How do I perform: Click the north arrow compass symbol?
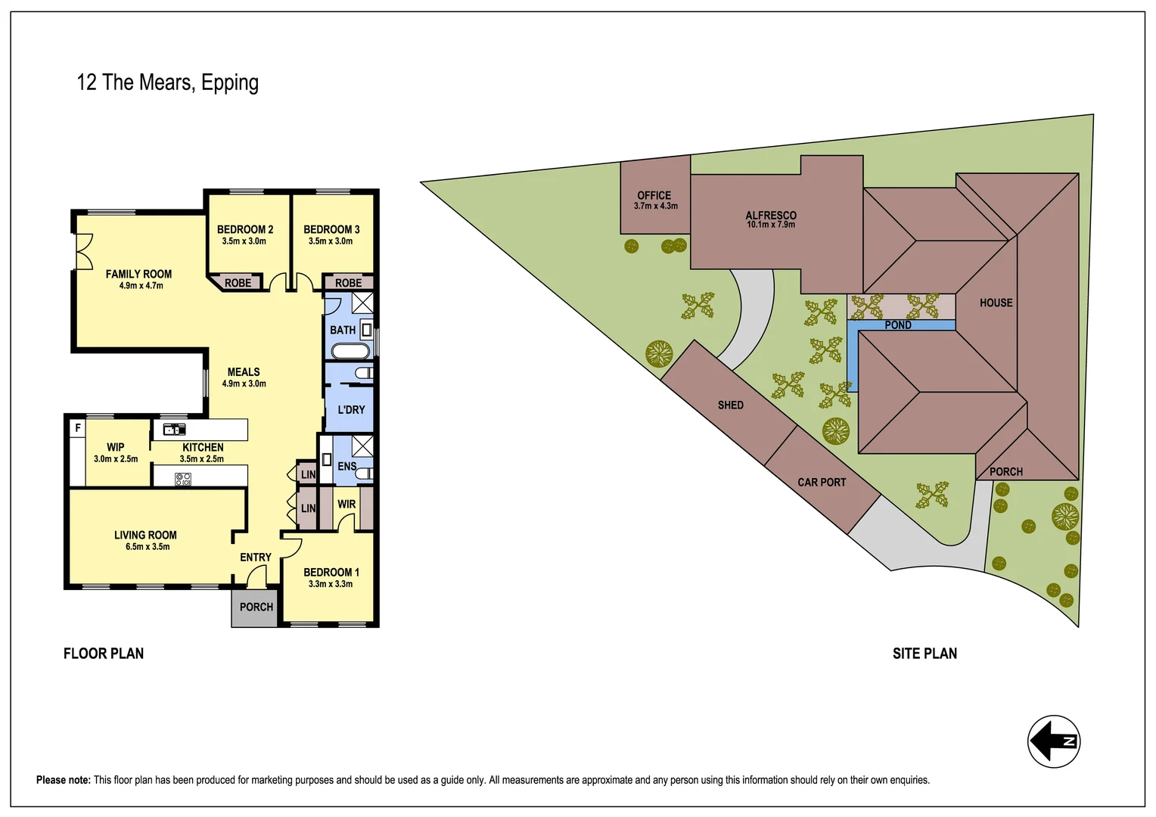[x=1053, y=741]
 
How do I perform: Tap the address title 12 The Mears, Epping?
[x=167, y=82]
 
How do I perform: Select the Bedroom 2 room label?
[x=244, y=229]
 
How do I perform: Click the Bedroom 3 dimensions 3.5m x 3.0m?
[x=331, y=241]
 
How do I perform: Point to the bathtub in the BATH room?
[x=350, y=351]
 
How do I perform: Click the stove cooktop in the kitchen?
[x=183, y=478]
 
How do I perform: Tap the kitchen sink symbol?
[x=175, y=429]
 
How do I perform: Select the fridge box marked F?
[x=77, y=428]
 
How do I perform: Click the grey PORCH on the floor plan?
[x=256, y=607]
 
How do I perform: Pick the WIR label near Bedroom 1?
[x=346, y=504]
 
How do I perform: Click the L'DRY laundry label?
[x=351, y=409]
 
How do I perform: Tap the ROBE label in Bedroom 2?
[x=238, y=283]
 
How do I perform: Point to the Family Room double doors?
[x=83, y=251]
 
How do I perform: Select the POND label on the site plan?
[x=898, y=325]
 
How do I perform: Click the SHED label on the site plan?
[x=731, y=405]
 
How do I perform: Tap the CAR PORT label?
[x=822, y=482]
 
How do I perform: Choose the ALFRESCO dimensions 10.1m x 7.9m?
[x=771, y=225]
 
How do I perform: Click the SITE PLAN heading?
[x=924, y=654]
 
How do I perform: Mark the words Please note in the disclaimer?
[x=64, y=780]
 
